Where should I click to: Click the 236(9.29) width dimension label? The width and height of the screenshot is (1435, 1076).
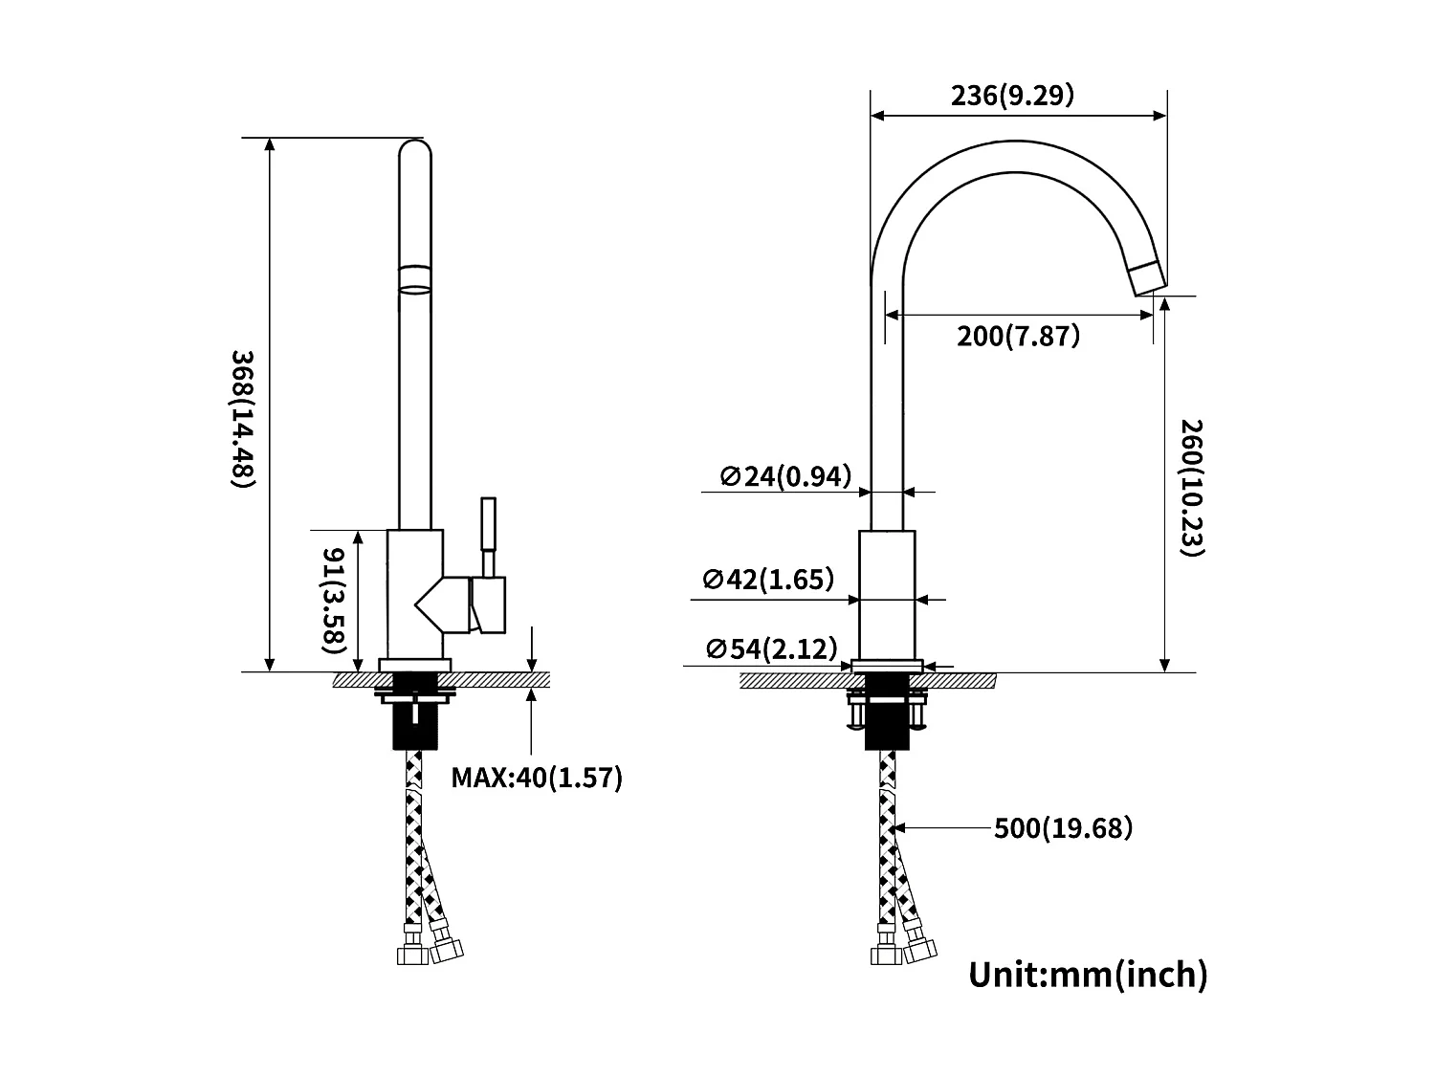coord(1012,96)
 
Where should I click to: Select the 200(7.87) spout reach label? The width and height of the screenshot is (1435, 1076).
coord(1018,337)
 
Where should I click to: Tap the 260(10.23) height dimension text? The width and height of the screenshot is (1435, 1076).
coord(1190,488)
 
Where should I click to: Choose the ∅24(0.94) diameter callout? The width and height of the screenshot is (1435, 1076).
coord(785,475)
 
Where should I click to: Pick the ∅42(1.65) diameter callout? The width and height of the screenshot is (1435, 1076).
coord(768,580)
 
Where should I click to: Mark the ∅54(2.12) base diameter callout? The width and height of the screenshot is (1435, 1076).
coord(771,649)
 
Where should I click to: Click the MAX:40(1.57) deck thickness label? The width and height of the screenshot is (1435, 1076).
coord(537,778)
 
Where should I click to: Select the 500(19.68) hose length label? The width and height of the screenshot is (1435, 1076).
coord(1063,827)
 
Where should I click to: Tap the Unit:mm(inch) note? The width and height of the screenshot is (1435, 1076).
coord(1088,975)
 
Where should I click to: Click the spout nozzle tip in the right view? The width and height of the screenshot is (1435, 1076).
coord(1147,277)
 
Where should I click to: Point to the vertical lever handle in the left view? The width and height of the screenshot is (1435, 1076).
coord(488,523)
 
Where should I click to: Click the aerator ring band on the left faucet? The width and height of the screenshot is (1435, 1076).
coord(414,278)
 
